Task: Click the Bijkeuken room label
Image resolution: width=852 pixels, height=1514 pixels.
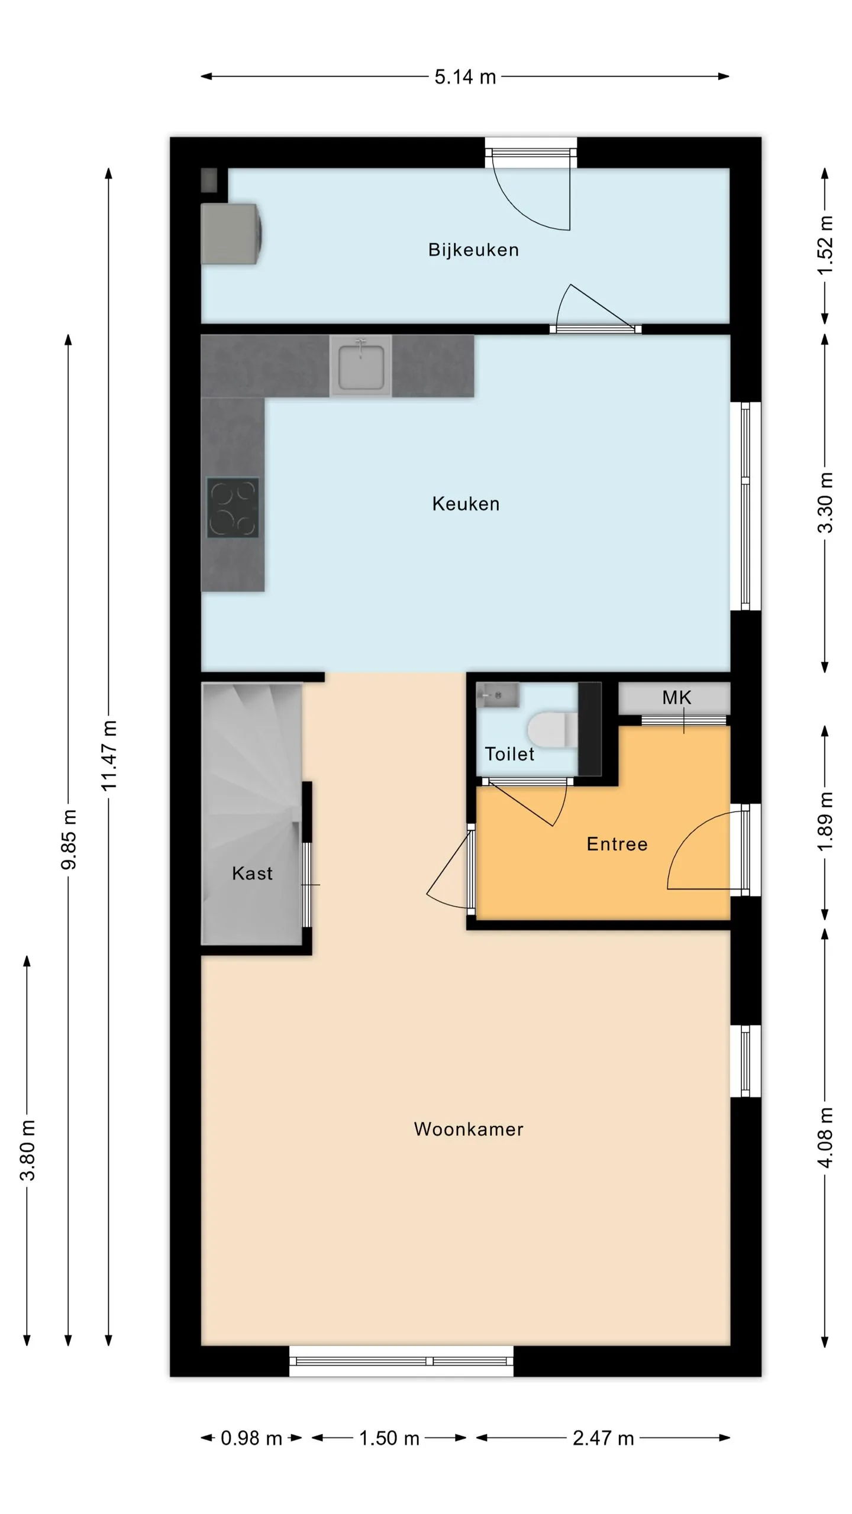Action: tap(473, 250)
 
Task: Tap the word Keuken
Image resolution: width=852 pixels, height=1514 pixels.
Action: tap(466, 504)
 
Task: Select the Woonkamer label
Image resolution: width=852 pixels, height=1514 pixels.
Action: tap(469, 1129)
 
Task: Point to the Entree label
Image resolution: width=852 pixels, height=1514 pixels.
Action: tap(617, 844)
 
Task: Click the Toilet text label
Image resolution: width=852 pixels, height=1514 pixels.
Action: tap(509, 754)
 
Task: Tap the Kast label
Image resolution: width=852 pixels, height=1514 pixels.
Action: tap(252, 874)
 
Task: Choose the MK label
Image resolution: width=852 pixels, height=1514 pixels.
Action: tap(676, 698)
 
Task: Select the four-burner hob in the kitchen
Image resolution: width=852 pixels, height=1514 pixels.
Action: tap(233, 507)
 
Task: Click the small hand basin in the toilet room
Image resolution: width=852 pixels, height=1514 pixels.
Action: tap(498, 695)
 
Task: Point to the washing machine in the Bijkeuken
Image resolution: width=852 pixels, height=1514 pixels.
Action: tap(231, 234)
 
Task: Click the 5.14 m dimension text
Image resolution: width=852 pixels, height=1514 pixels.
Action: tap(465, 77)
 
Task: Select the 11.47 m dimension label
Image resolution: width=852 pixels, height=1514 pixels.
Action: tap(109, 755)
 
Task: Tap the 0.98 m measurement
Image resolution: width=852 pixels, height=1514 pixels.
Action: tap(251, 1438)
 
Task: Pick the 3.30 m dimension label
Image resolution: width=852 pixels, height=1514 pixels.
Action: tap(825, 503)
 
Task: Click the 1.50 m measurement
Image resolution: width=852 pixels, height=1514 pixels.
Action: tap(389, 1438)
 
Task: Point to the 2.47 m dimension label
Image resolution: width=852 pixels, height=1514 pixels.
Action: tap(603, 1438)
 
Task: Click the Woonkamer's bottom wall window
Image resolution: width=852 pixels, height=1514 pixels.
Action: tap(401, 1361)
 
